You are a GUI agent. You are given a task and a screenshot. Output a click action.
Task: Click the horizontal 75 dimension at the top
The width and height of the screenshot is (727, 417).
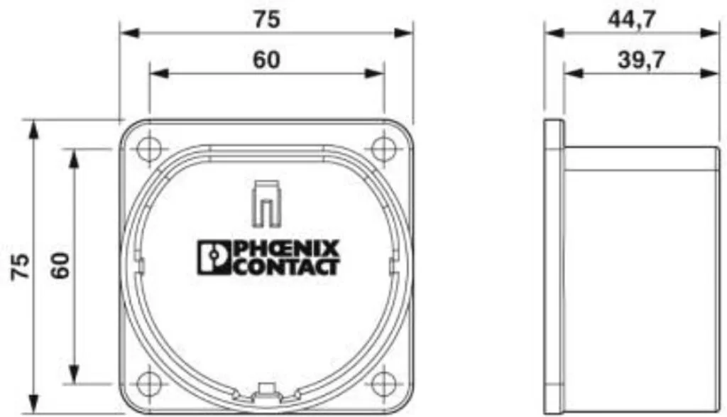tap(267, 19)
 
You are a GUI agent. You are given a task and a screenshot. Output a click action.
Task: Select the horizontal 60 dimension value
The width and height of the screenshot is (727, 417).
tap(266, 60)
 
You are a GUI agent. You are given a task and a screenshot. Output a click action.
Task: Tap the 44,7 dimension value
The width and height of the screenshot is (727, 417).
tap(631, 19)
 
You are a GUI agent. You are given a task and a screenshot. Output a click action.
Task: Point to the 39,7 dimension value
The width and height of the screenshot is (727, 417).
tap(641, 60)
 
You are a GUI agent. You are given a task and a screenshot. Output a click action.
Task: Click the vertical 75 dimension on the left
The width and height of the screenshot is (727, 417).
tap(21, 266)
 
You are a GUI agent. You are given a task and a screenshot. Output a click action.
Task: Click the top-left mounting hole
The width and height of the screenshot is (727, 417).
tap(149, 149)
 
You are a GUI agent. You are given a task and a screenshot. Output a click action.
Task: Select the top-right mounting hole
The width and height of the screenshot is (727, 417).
tap(383, 149)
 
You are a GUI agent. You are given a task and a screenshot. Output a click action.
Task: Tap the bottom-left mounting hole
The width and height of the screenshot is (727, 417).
tap(149, 384)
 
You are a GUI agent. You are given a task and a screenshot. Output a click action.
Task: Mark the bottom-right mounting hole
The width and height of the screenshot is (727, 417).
tap(383, 384)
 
